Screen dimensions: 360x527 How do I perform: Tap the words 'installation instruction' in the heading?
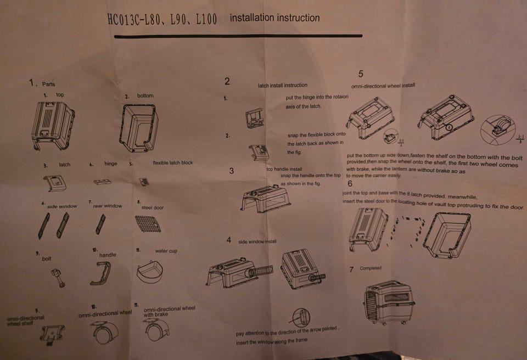tap(274, 18)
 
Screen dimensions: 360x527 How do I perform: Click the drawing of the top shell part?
tap(53, 125)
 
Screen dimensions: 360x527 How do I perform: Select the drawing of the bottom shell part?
tap(139, 127)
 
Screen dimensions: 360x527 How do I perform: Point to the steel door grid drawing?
tap(147, 223)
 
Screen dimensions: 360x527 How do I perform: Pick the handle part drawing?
tap(100, 273)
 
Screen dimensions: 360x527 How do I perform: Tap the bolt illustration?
tap(57, 277)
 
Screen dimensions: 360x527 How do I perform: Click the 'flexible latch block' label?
tap(172, 163)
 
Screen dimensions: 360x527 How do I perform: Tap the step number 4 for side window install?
tap(229, 240)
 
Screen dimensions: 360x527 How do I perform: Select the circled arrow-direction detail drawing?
tap(301, 317)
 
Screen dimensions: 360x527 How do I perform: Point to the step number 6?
tap(350, 184)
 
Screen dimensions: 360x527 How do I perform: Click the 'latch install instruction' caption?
tap(283, 85)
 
